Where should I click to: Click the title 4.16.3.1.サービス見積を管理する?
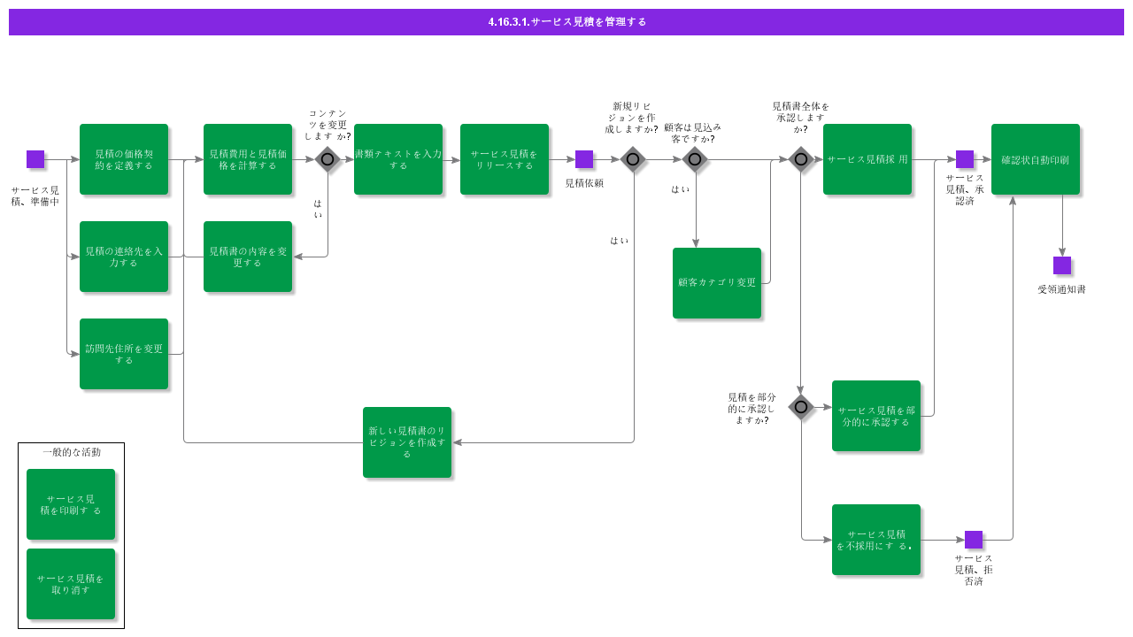click(566, 21)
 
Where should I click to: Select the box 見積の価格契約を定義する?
click(124, 159)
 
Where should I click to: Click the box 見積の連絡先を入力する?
click(124, 257)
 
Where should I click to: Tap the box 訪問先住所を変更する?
click(124, 354)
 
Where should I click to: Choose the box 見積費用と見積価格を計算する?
click(248, 159)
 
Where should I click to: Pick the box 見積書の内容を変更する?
click(248, 257)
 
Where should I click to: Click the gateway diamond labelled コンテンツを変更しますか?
click(328, 159)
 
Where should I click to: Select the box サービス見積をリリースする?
click(505, 159)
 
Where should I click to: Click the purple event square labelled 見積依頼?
click(584, 159)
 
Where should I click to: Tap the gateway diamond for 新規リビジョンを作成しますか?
click(633, 159)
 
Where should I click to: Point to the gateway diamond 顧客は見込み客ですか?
click(695, 159)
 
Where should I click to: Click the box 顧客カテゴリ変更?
click(717, 283)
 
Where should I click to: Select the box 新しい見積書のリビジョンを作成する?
click(407, 442)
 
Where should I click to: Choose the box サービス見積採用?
click(867, 159)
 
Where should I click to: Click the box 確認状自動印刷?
click(1036, 159)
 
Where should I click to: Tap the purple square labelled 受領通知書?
click(1062, 265)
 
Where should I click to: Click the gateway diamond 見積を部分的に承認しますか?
click(801, 407)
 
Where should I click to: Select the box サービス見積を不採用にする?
click(876, 540)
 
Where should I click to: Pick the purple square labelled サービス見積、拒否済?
click(974, 540)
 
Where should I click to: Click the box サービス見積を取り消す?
click(71, 584)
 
